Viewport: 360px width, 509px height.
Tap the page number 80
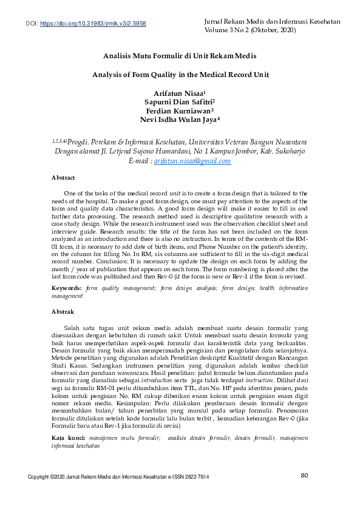coord(305,492)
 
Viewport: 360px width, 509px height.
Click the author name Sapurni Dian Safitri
coord(179,103)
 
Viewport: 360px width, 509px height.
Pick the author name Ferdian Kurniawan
coord(179,111)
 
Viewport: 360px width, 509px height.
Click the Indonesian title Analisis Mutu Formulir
coord(179,56)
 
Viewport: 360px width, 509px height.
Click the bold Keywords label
coord(67,287)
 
